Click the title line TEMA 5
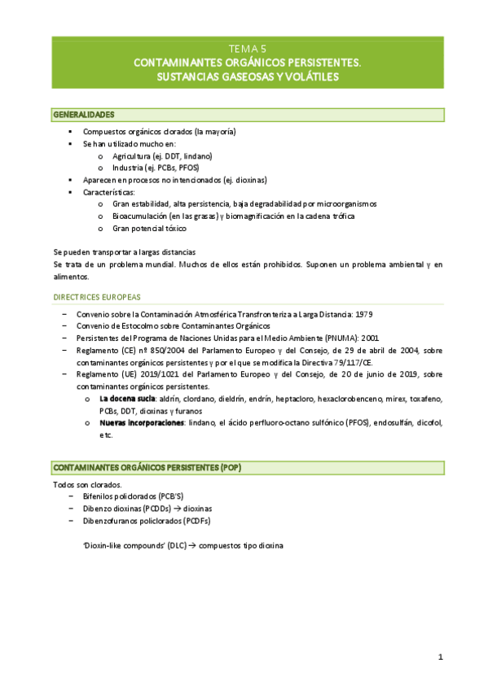pyautogui.click(x=244, y=48)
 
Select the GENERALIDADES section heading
pyautogui.click(x=83, y=114)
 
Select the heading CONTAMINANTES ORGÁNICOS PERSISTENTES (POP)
pyautogui.click(x=147, y=468)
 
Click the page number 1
pyautogui.click(x=440, y=657)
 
